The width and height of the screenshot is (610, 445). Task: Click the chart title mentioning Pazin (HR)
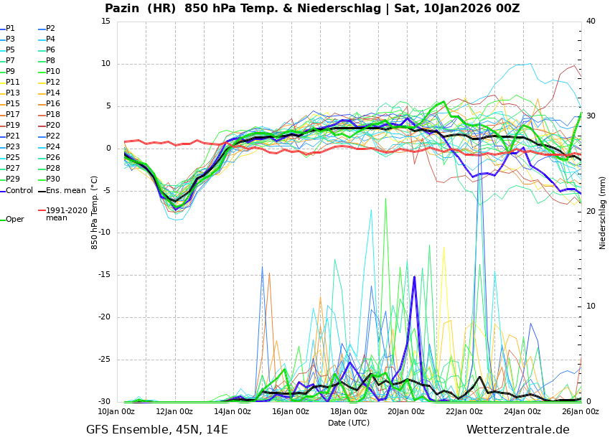click(312, 9)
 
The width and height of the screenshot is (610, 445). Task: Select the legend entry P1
click(10, 29)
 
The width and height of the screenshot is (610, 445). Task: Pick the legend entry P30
click(53, 179)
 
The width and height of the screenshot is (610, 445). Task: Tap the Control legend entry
click(19, 191)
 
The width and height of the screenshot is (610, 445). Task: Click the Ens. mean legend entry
click(65, 191)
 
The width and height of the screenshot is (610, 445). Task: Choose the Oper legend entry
click(15, 220)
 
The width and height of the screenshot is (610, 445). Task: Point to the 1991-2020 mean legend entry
click(66, 214)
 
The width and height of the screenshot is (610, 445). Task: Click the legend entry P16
click(53, 104)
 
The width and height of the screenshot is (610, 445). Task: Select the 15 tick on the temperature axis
click(105, 22)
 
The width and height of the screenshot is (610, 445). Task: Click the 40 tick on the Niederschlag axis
click(591, 22)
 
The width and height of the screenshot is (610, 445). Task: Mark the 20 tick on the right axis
click(591, 212)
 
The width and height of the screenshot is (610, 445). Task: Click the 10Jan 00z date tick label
click(116, 412)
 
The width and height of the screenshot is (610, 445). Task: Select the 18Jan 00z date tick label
click(349, 412)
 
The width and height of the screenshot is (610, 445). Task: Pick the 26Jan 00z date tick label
click(581, 412)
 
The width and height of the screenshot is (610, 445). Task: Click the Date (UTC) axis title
click(349, 423)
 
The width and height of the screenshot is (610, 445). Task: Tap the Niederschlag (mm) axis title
click(603, 212)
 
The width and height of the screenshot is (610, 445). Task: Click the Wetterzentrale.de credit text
click(517, 430)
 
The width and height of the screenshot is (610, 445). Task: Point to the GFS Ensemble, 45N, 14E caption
click(157, 430)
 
